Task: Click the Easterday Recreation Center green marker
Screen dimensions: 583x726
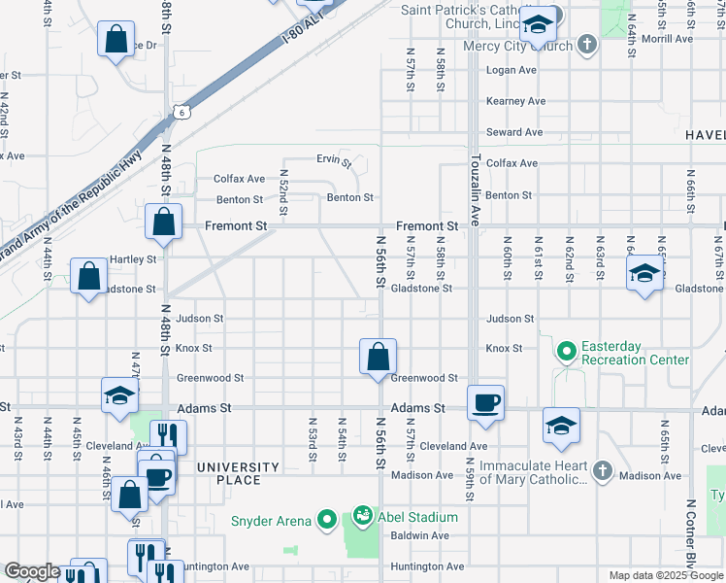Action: [566, 348]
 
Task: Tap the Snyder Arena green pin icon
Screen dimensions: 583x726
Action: [327, 520]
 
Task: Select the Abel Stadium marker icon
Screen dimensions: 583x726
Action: [362, 514]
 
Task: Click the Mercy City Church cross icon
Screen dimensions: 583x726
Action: [586, 45]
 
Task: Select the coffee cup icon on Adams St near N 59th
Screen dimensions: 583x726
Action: [485, 401]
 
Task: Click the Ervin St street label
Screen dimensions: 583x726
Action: [334, 159]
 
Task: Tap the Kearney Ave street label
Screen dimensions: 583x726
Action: [516, 101]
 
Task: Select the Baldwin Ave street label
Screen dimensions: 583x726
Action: [420, 535]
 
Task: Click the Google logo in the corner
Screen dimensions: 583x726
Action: [32, 572]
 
